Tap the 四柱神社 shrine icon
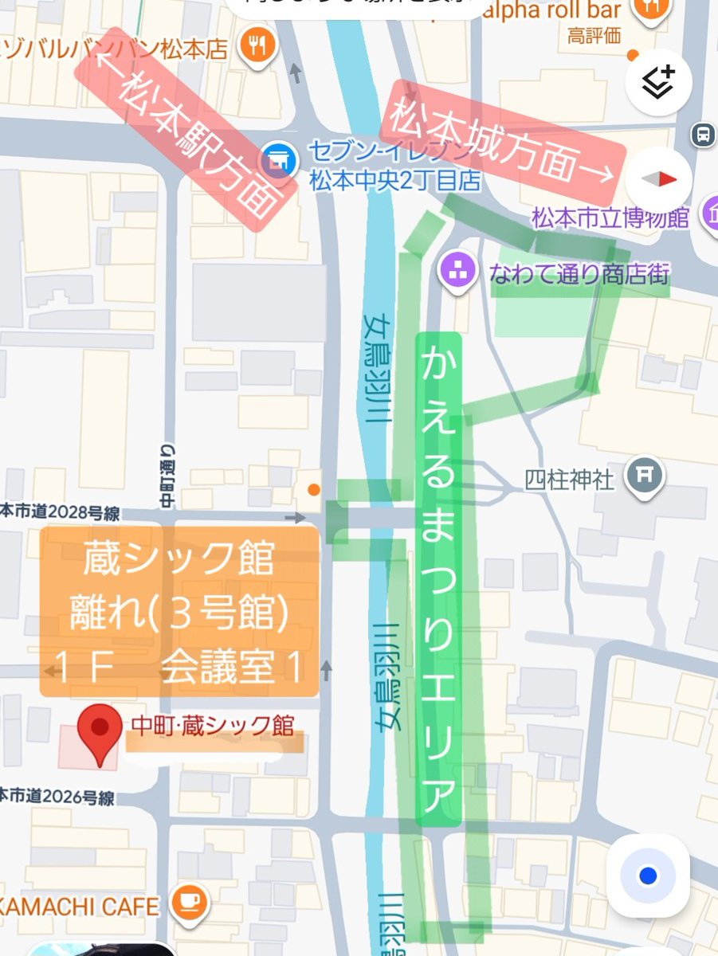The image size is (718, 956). pos(641,477)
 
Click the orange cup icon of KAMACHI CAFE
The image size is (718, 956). pos(190,903)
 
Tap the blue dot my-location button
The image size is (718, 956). pos(647,876)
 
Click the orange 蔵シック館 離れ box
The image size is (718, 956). pos(180,611)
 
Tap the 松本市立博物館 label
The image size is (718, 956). pos(610,217)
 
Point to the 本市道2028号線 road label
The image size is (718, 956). pos(60,512)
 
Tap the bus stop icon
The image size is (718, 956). pos(703,134)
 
